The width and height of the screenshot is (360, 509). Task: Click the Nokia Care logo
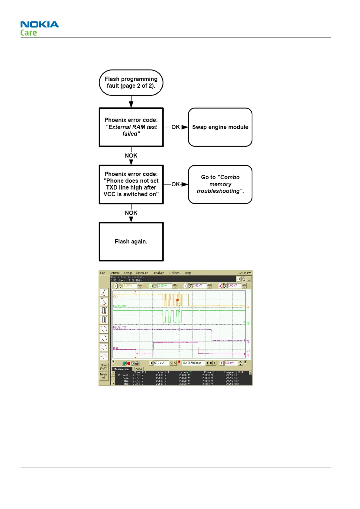point(39,28)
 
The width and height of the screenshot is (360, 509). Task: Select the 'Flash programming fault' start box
point(131,83)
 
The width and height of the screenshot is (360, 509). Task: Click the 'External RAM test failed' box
point(131,127)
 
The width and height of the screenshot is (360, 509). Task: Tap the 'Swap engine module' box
point(220,127)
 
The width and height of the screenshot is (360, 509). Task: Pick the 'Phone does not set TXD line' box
point(131,184)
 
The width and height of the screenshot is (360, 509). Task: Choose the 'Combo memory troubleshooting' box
point(220,184)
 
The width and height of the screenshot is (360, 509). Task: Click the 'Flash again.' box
point(131,242)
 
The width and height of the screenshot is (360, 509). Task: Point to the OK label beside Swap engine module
point(176,127)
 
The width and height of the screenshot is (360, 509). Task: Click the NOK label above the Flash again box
point(131,213)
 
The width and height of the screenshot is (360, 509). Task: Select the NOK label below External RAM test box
point(131,156)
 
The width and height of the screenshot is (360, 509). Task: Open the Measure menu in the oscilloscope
point(142,273)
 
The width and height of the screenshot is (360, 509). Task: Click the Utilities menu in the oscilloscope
point(174,273)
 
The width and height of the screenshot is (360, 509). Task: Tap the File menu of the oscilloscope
point(103,273)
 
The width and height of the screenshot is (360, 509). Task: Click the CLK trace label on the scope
point(116,297)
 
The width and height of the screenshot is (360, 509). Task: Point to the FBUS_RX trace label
point(119,306)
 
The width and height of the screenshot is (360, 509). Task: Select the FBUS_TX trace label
point(119,327)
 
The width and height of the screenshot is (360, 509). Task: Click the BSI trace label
point(115,348)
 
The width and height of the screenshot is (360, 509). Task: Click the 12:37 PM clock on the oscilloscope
point(245,273)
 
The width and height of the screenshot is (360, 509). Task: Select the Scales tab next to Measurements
point(138,369)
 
